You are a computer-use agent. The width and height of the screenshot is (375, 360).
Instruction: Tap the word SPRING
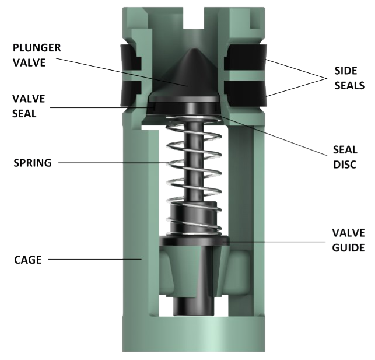click(x=32, y=163)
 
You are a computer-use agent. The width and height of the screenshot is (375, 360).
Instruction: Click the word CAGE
click(x=27, y=260)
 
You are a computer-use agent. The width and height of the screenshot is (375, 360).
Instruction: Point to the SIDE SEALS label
click(x=349, y=77)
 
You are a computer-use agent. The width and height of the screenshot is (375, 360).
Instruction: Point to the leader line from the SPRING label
click(x=117, y=163)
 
